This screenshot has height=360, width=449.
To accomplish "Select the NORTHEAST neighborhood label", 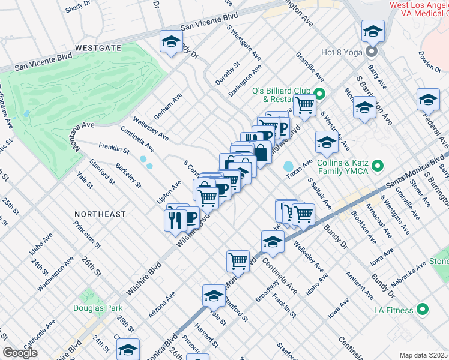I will pos(100,214).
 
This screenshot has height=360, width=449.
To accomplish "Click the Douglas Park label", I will pos(97,308).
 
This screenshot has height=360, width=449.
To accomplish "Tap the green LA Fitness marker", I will pos(423,310).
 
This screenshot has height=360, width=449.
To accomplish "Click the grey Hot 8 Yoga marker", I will pos(372,52).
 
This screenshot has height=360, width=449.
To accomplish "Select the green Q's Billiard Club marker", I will pos(320,93).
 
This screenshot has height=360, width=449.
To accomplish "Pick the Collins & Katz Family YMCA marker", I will pos(378,165).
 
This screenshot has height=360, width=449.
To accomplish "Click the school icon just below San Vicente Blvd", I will pos(172,42).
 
